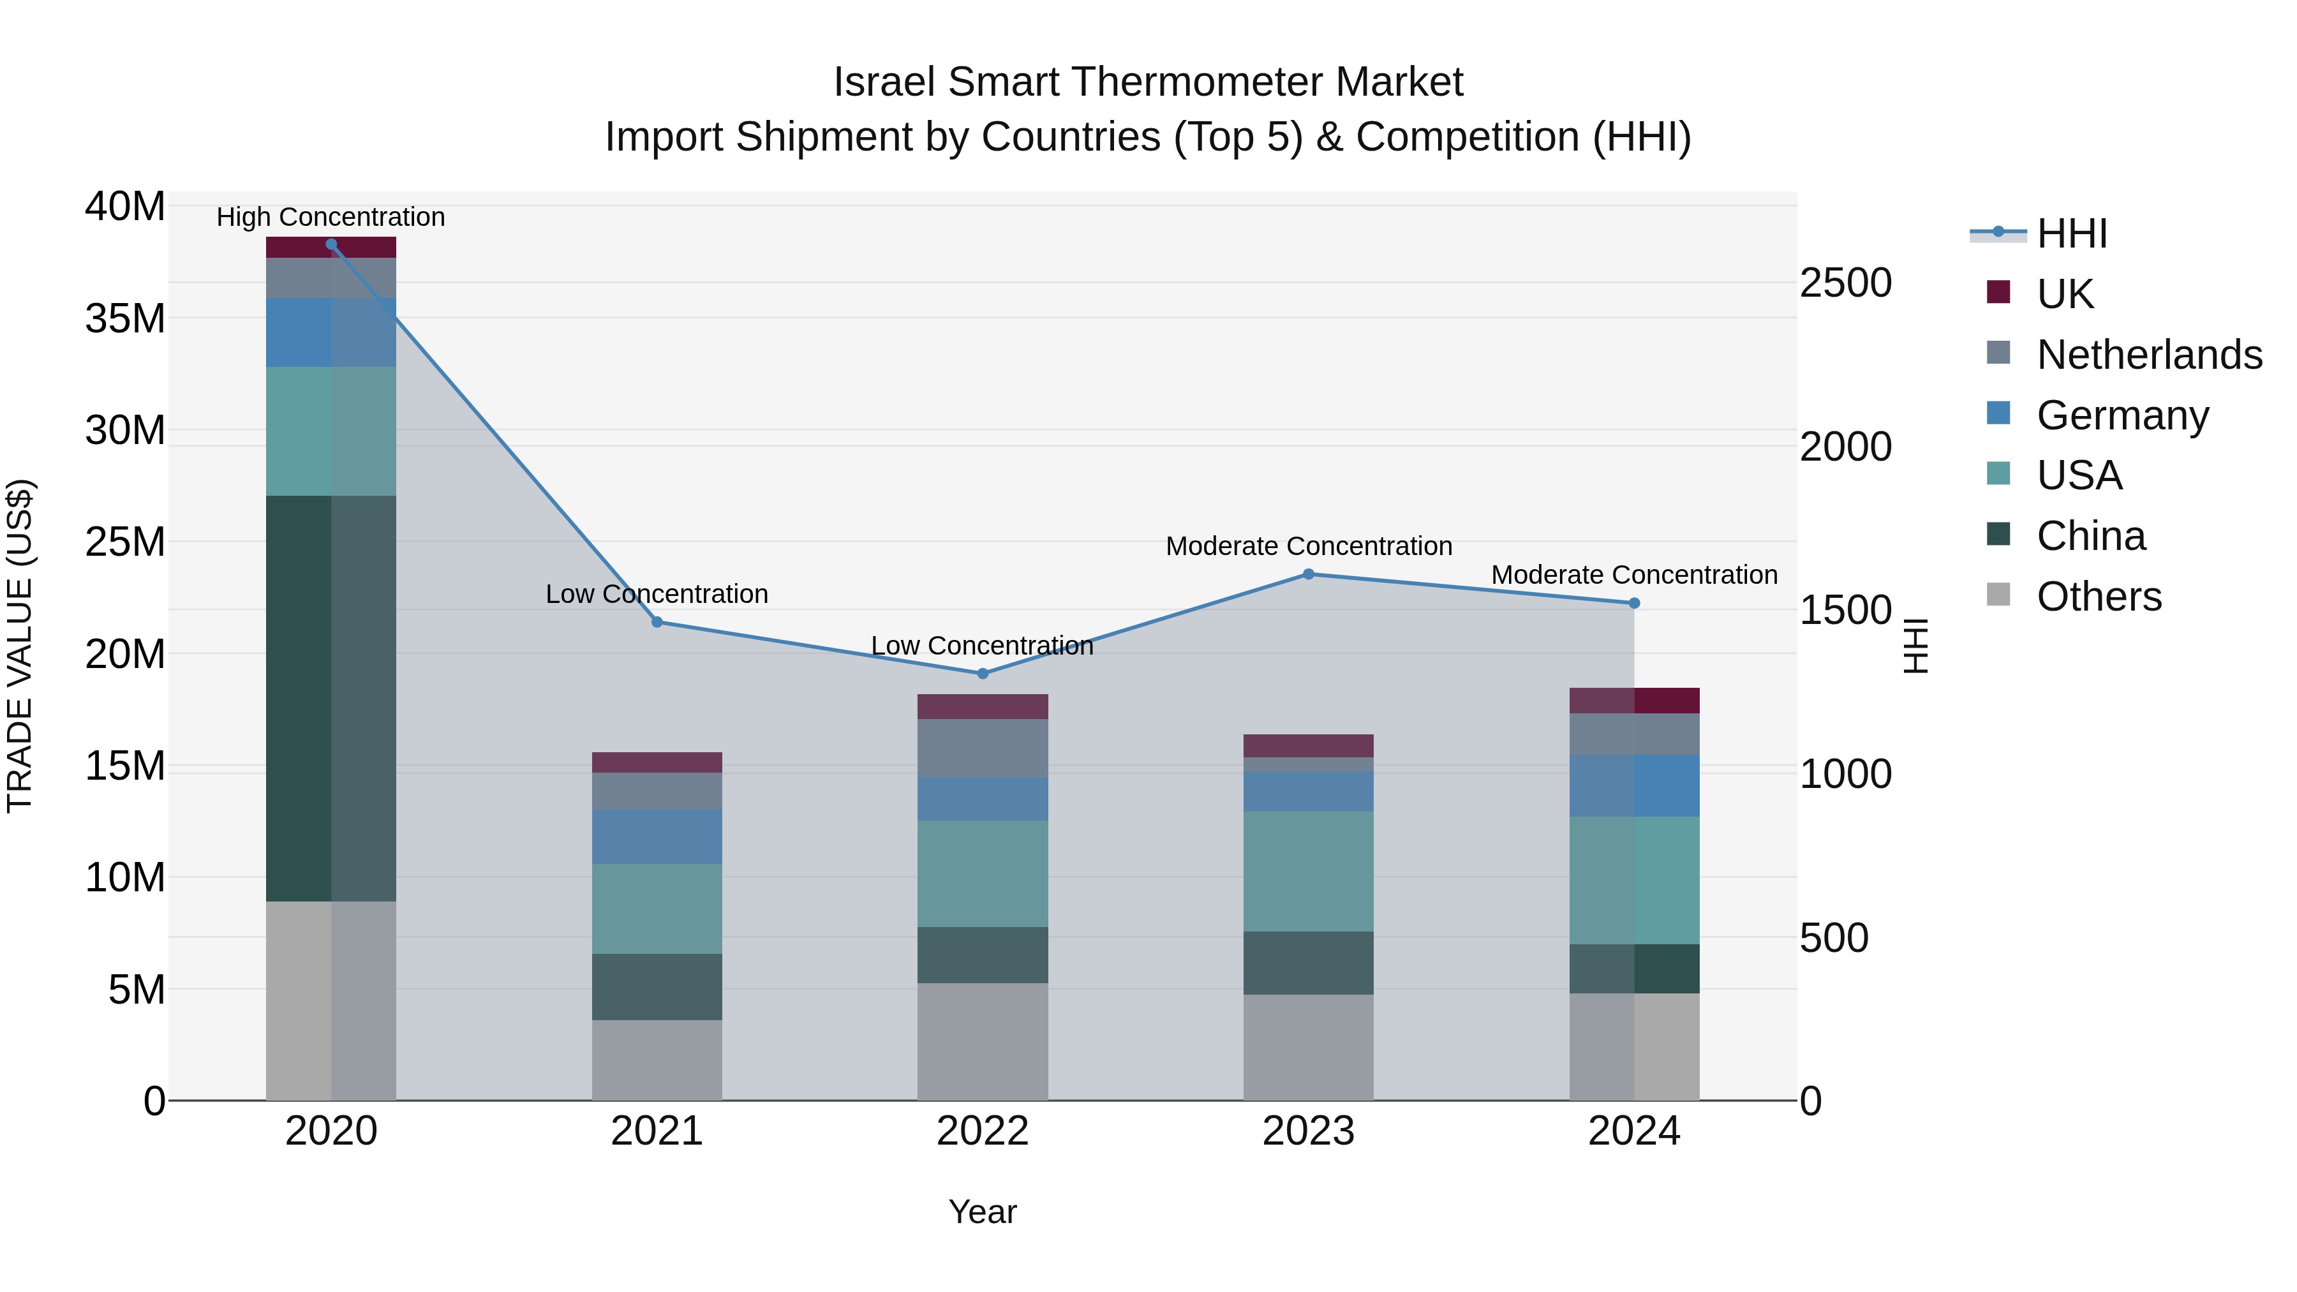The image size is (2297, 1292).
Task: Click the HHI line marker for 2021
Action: tap(657, 622)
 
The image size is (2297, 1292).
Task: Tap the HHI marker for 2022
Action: tap(983, 674)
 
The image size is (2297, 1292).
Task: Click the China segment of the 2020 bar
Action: tap(331, 698)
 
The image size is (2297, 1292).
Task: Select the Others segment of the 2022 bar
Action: tap(983, 1041)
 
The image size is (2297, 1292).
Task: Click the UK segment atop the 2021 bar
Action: tap(657, 762)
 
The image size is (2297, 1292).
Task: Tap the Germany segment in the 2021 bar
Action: tap(657, 836)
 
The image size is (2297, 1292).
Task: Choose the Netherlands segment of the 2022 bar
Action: tap(983, 748)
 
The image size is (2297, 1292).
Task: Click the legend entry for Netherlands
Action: tap(2149, 355)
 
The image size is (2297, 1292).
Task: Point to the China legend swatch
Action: tap(1999, 535)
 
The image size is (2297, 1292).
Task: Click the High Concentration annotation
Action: tap(331, 218)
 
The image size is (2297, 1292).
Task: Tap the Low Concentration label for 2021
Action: tap(657, 594)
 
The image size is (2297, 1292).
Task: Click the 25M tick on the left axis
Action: tap(126, 542)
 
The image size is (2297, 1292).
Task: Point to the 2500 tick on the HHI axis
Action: tap(1845, 283)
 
